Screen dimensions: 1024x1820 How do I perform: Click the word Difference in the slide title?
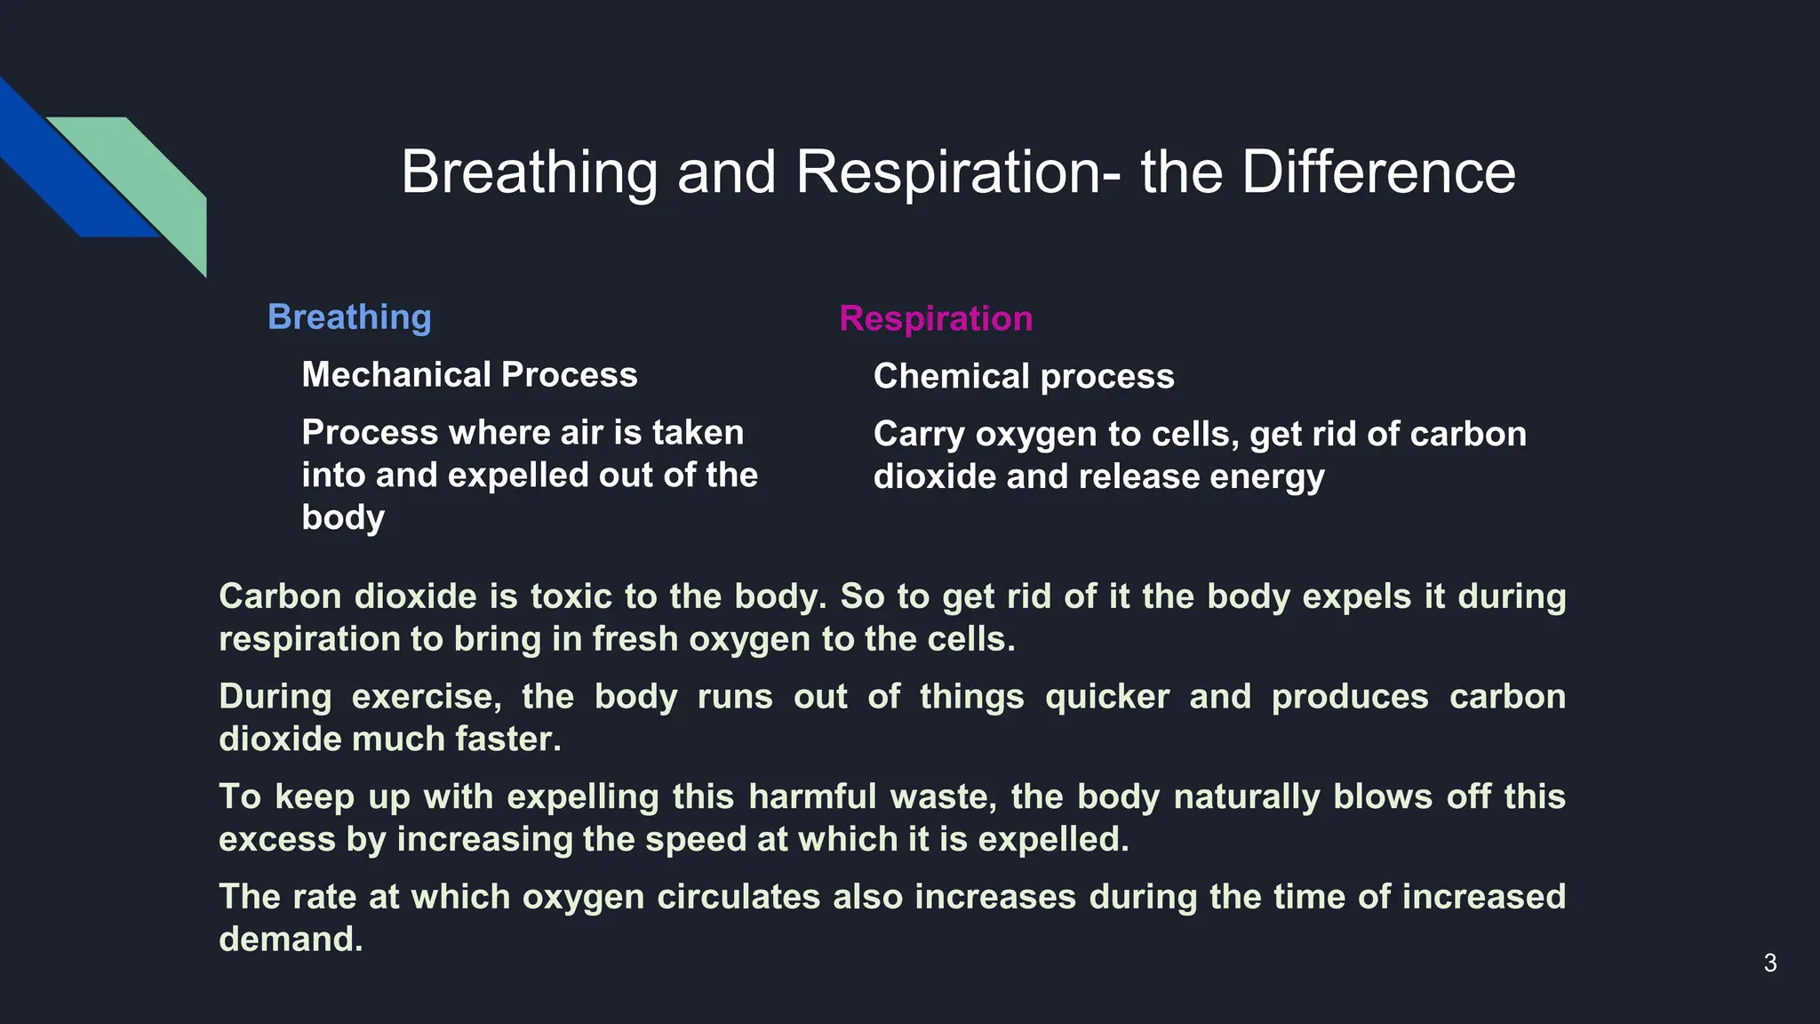point(1378,172)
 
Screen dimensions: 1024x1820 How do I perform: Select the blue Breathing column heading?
point(349,317)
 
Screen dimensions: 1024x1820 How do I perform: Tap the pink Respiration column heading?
point(936,318)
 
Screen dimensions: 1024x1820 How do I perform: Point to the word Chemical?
point(951,377)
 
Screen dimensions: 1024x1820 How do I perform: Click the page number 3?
point(1769,963)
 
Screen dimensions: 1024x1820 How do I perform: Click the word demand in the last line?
point(291,940)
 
